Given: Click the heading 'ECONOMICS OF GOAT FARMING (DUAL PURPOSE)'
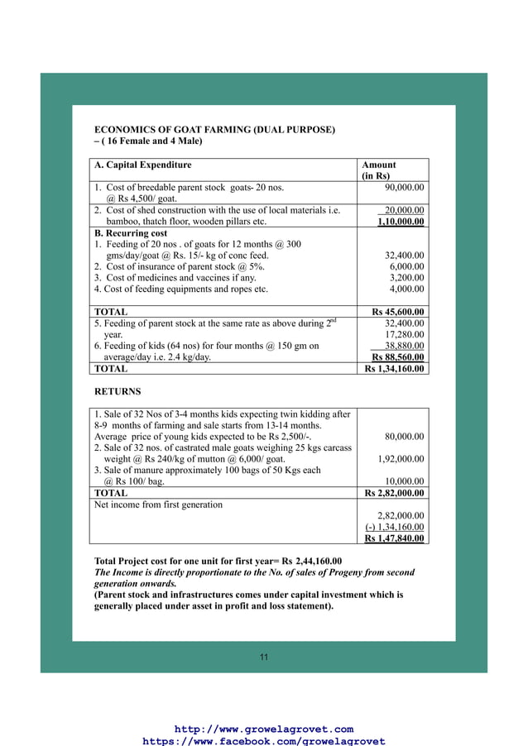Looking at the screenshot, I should (x=215, y=130).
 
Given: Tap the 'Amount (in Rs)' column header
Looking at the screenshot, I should (x=378, y=170).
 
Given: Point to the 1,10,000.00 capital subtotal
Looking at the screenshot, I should (x=401, y=222).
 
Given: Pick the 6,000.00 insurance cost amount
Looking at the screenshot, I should (x=406, y=267).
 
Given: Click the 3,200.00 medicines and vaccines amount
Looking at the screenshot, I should (x=406, y=278).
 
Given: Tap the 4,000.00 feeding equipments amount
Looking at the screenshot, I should (x=406, y=289).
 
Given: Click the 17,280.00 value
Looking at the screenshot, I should (x=404, y=334).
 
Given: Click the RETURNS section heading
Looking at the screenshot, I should (x=118, y=391).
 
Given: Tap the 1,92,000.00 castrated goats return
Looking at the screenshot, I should (x=401, y=459).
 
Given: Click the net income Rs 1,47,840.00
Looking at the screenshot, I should (x=395, y=538).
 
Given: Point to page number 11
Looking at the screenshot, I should (x=264, y=657).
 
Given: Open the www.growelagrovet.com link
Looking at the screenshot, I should (x=264, y=729).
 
